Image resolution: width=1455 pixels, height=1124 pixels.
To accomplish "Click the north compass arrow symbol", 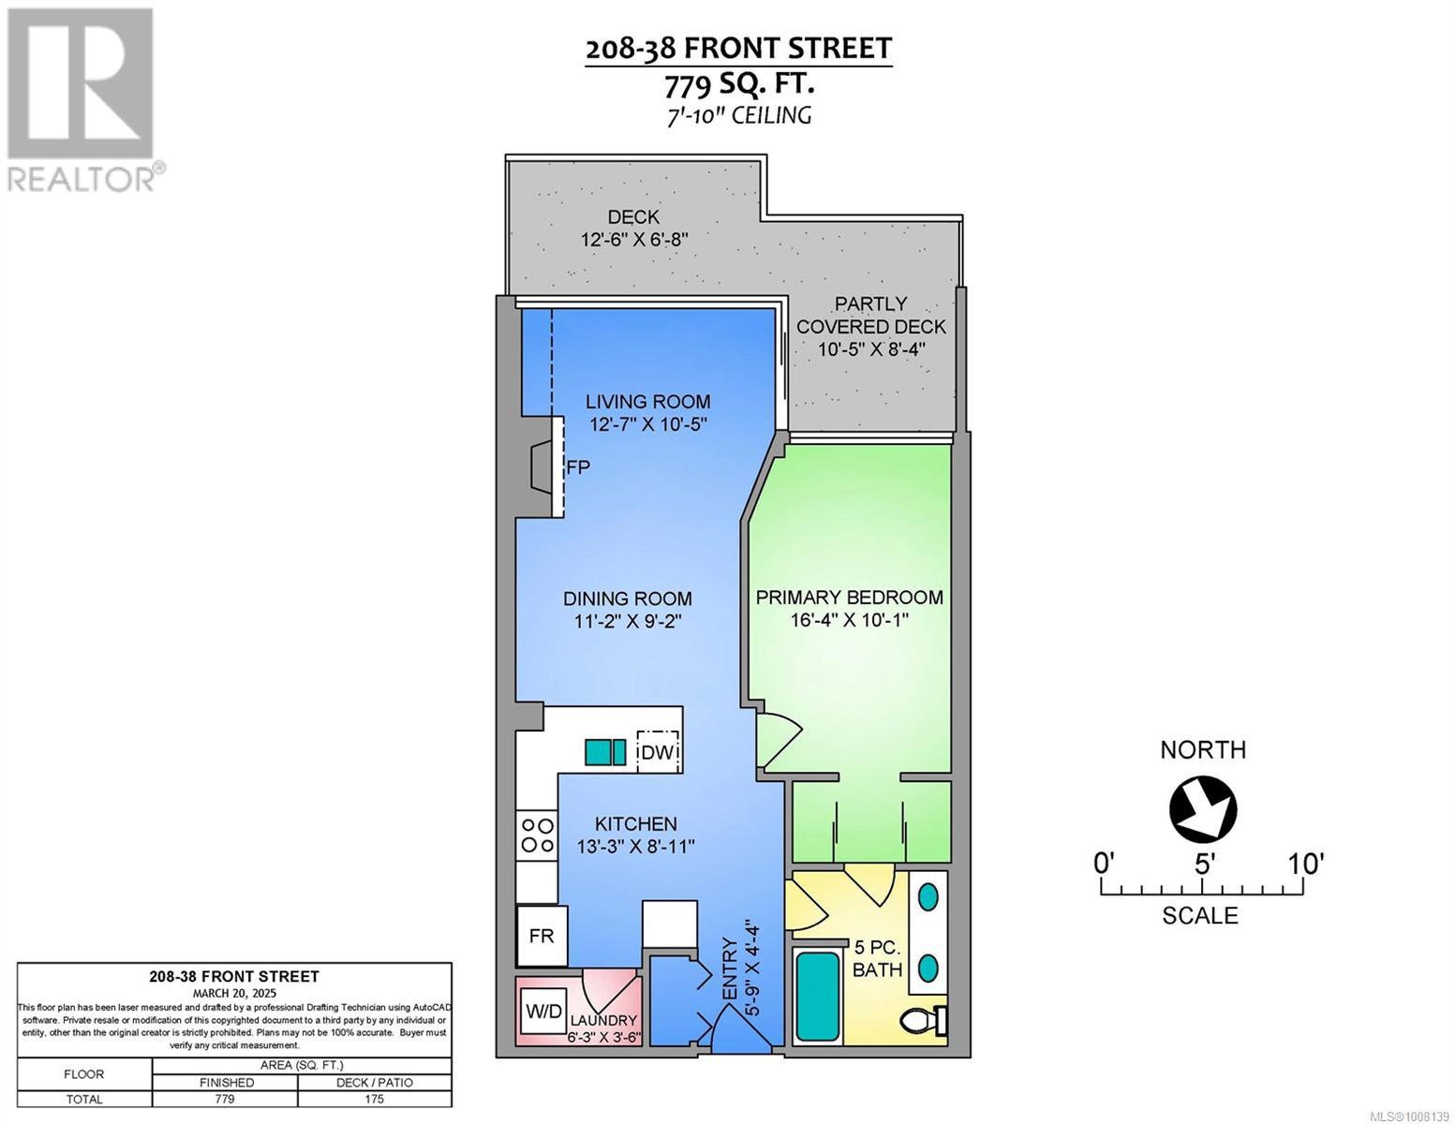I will [x=1203, y=807].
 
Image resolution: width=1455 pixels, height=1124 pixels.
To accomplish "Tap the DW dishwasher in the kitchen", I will [x=659, y=752].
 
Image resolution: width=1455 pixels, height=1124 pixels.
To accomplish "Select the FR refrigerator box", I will [x=542, y=935].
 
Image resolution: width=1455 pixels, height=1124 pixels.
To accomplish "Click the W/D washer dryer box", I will [x=543, y=1012].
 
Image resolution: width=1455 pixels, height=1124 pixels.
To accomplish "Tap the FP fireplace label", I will [x=578, y=466].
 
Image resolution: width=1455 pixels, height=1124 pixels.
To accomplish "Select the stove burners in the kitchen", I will [x=537, y=835].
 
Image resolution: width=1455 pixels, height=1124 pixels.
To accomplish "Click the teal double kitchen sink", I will [x=605, y=752].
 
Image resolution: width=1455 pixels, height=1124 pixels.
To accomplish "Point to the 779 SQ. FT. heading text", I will [x=738, y=85].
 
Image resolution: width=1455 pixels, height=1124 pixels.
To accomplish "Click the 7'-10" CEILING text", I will [x=738, y=115].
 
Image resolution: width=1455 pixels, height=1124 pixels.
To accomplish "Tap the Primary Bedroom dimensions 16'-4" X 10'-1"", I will [x=850, y=620].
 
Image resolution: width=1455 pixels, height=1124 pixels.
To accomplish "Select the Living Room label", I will [x=647, y=401].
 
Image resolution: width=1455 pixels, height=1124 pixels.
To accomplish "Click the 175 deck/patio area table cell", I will [x=374, y=1099].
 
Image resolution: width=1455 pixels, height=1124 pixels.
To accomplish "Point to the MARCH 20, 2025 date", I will [x=234, y=992].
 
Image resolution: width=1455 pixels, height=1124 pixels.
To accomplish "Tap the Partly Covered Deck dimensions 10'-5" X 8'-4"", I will [x=870, y=349].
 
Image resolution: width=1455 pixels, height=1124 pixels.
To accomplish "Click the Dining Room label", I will [x=627, y=599].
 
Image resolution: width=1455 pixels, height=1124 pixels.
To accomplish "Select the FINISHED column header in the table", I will [x=225, y=1082].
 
